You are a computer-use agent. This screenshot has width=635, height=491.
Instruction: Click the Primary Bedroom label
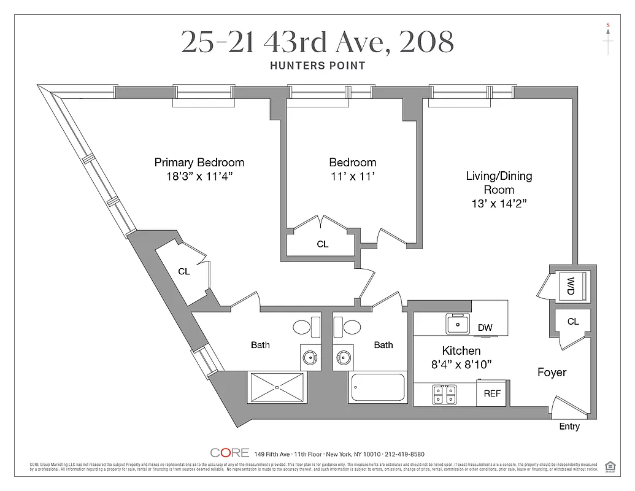199,163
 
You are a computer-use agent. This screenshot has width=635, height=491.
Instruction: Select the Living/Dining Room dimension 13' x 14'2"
498,204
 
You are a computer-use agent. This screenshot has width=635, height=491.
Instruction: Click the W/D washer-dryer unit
571,285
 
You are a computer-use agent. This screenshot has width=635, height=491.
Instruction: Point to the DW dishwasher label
485,328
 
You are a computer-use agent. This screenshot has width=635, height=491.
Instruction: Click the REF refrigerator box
492,394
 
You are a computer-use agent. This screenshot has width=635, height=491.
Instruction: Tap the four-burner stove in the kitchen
444,394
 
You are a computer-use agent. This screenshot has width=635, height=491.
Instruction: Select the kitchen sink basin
457,323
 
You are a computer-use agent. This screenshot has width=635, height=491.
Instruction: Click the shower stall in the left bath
277,387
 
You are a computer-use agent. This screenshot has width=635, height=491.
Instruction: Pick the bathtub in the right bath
377,387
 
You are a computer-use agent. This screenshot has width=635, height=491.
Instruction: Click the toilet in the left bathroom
306,325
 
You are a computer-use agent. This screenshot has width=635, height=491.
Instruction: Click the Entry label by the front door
569,427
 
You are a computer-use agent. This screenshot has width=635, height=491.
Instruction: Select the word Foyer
552,373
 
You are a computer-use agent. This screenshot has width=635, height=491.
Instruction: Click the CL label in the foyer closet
572,322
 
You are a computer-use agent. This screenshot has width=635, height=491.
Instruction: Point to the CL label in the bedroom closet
322,244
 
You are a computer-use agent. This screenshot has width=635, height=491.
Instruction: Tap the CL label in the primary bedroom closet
183,271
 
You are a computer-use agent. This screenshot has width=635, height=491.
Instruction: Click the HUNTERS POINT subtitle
317,66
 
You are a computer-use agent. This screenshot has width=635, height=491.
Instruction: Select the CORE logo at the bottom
229,453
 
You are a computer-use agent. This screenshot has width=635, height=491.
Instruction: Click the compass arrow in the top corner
608,39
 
